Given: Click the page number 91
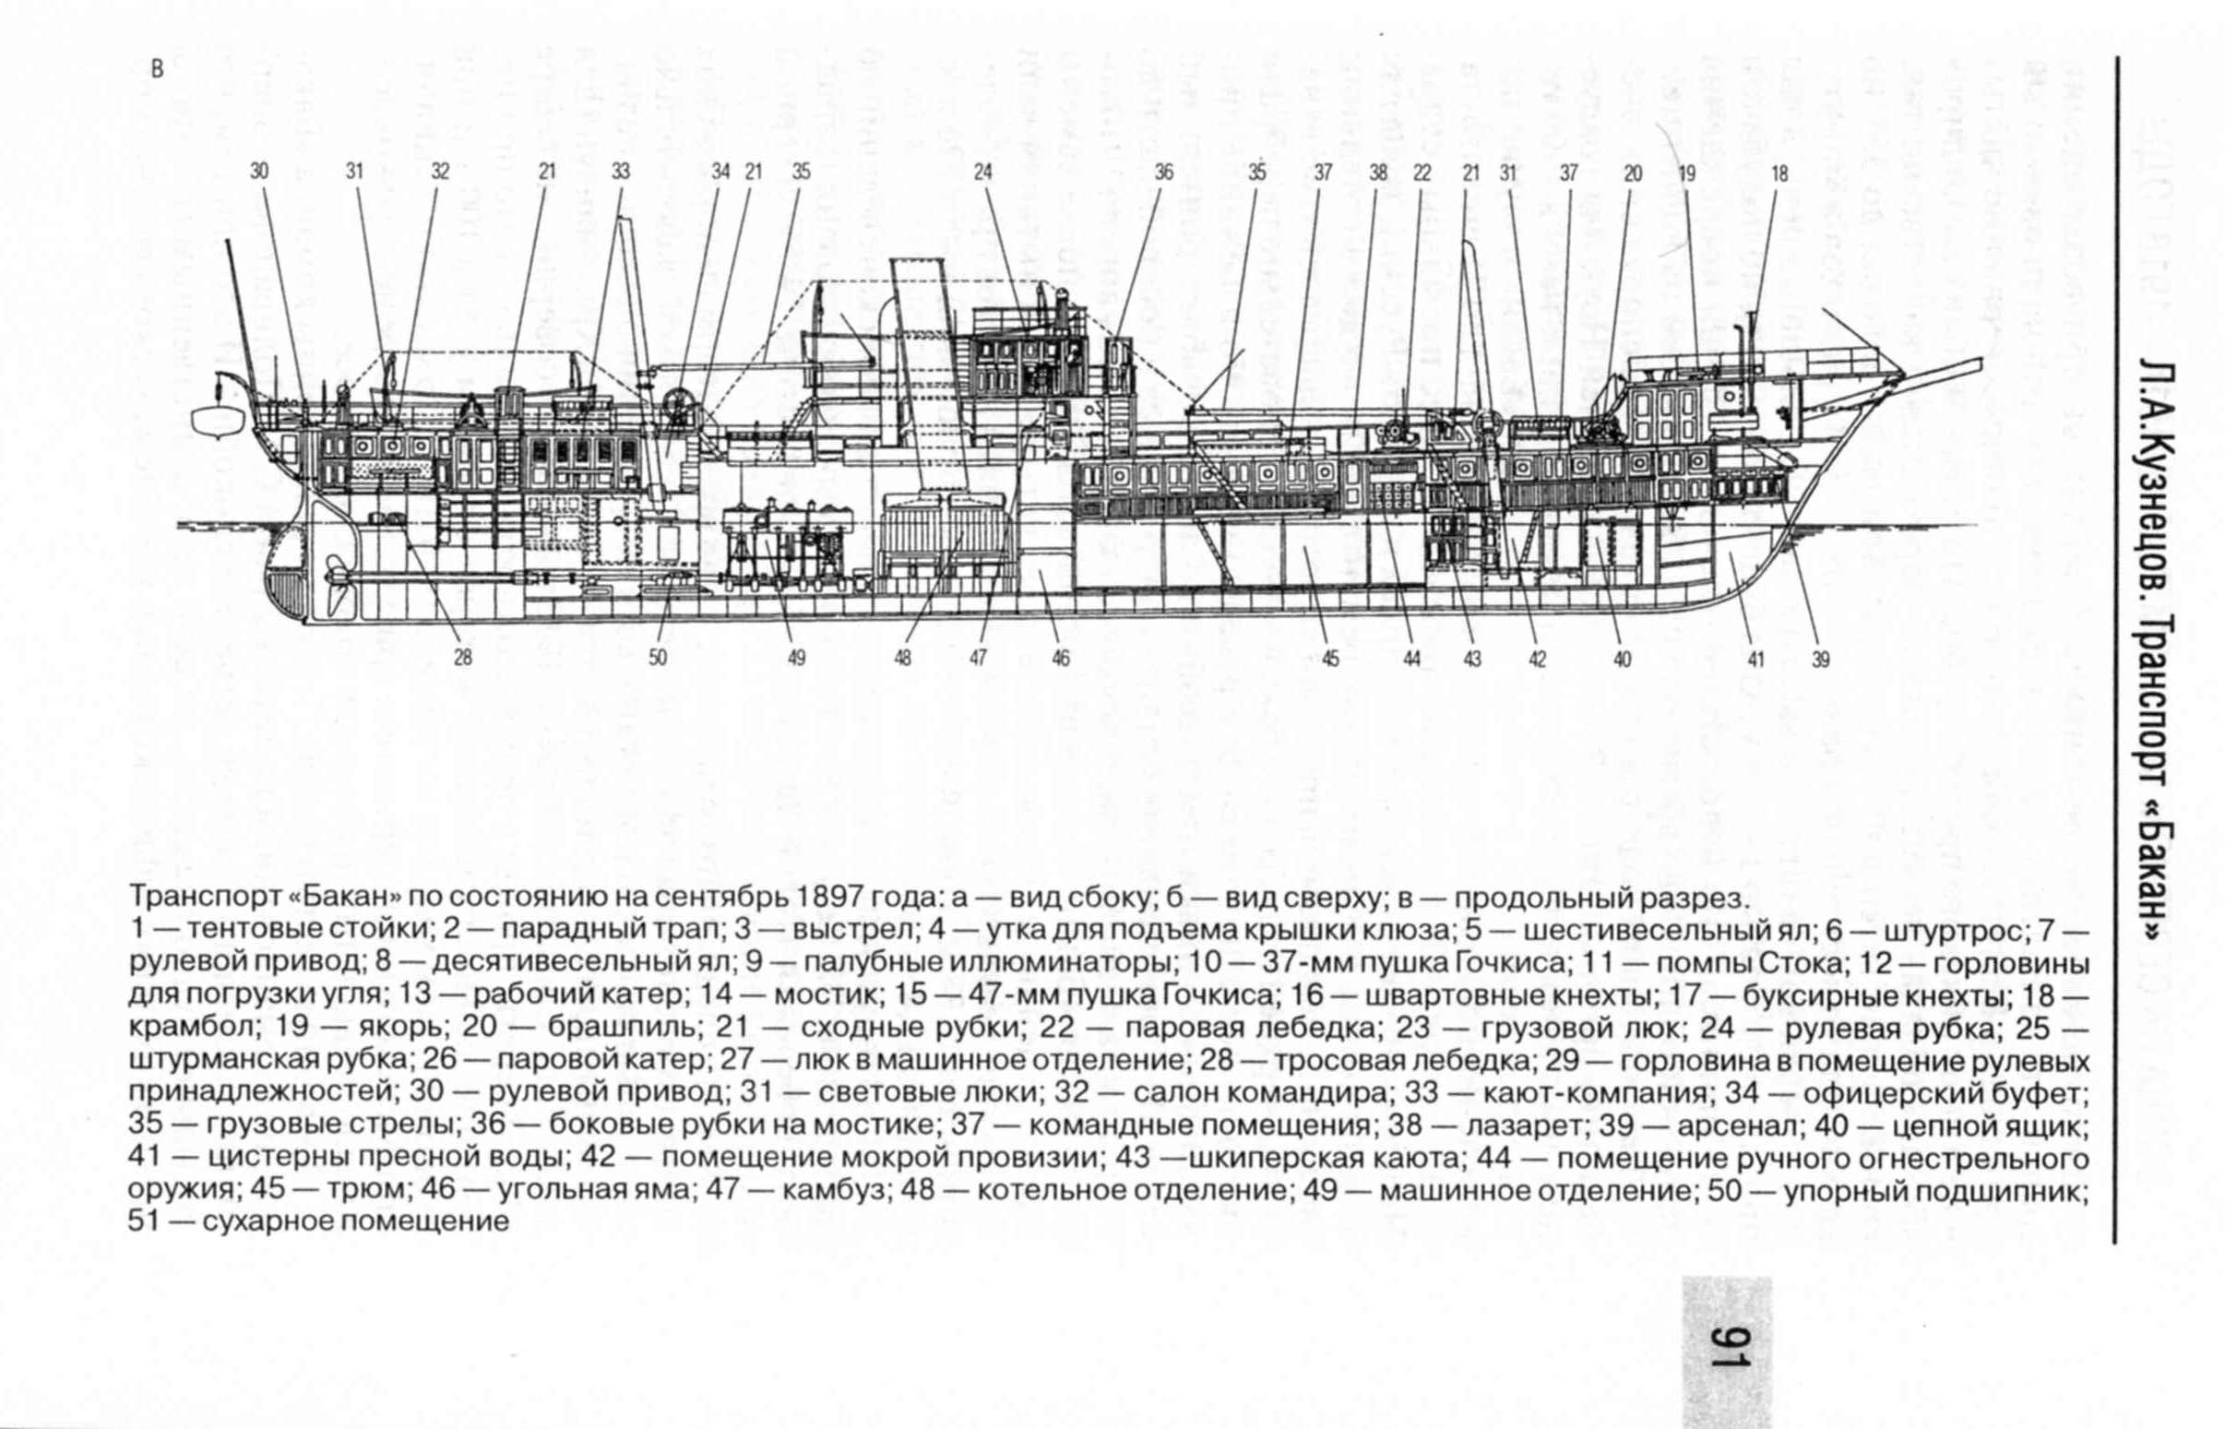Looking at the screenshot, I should pyautogui.click(x=1727, y=1360).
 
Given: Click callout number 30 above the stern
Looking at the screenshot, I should pyautogui.click(x=259, y=172).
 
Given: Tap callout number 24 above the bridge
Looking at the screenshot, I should pyautogui.click(x=982, y=172).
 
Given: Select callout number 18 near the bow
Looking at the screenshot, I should pyautogui.click(x=1779, y=173).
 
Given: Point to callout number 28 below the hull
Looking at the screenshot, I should pyautogui.click(x=463, y=659).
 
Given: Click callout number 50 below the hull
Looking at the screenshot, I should pyautogui.click(x=657, y=659).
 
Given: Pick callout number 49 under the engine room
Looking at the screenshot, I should pyautogui.click(x=796, y=659).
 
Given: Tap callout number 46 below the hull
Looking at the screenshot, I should pyautogui.click(x=1061, y=659).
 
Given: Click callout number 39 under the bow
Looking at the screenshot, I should pyautogui.click(x=1820, y=661).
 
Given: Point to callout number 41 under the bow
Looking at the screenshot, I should pyautogui.click(x=1755, y=661).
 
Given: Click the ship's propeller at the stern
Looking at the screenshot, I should pyautogui.click(x=334, y=580).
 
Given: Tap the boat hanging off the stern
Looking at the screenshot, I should pyautogui.click(x=218, y=420).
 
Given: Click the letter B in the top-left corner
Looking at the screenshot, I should pyautogui.click(x=156, y=69).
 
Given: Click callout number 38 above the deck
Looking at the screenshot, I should pyautogui.click(x=1378, y=173).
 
